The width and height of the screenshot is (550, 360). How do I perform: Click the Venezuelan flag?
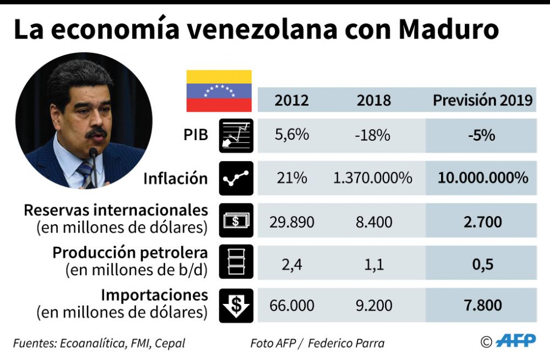[219, 91]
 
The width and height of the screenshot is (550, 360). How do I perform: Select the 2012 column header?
[291, 101]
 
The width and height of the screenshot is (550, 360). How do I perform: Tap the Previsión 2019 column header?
[482, 101]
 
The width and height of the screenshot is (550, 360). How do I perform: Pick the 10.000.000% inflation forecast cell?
[482, 178]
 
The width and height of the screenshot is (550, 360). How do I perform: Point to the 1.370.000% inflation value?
[373, 178]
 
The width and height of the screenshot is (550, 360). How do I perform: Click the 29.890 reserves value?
[291, 222]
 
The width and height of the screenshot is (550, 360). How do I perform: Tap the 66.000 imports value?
[291, 306]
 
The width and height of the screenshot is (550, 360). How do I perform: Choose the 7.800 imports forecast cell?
[482, 306]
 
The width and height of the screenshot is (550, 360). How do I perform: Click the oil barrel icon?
[236, 262]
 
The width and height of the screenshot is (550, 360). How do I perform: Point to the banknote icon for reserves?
[236, 220]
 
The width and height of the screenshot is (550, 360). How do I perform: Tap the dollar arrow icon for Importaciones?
[236, 305]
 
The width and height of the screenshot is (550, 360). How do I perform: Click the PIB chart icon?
[236, 136]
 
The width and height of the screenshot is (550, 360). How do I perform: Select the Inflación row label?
[175, 179]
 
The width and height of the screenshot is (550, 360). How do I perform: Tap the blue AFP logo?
[515, 341]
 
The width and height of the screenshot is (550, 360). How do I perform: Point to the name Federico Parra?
[346, 344]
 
